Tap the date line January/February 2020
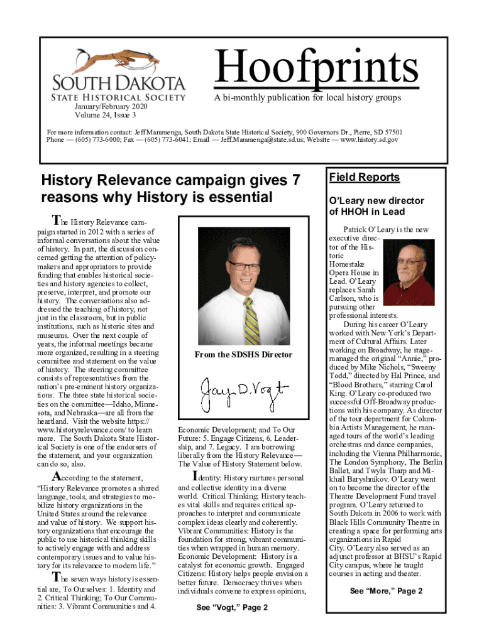104,107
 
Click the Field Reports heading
365,178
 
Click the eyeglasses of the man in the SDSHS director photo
241,266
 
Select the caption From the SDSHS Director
243,355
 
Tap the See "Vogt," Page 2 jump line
232,608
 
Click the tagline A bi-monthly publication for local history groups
307,98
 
